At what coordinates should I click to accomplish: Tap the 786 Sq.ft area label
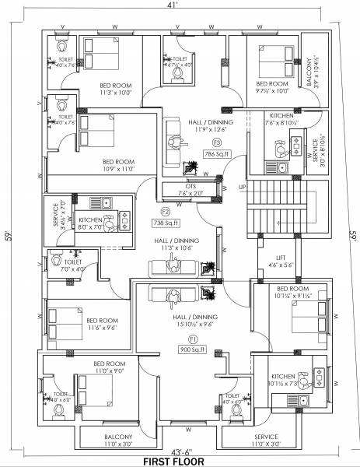[214, 154]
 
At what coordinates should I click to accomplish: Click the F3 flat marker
[217, 143]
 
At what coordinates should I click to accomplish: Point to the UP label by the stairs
[241, 187]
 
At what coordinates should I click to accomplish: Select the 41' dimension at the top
[180, 6]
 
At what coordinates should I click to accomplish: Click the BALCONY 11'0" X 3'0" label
[117, 441]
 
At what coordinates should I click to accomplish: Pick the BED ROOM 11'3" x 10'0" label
[114, 88]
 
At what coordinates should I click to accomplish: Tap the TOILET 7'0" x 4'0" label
[73, 266]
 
